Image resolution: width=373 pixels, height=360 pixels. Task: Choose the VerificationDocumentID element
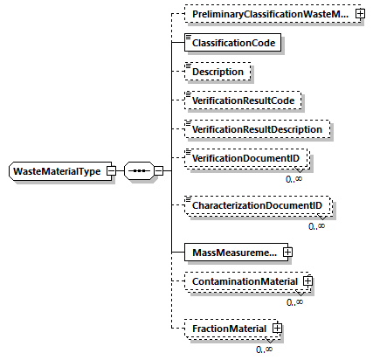247,159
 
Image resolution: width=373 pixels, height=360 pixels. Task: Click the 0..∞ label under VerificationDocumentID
294,177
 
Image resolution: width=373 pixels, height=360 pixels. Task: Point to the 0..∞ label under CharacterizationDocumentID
316,225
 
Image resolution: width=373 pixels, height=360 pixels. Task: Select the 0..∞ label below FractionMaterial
264,348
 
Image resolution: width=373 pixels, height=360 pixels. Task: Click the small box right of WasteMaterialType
111,170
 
